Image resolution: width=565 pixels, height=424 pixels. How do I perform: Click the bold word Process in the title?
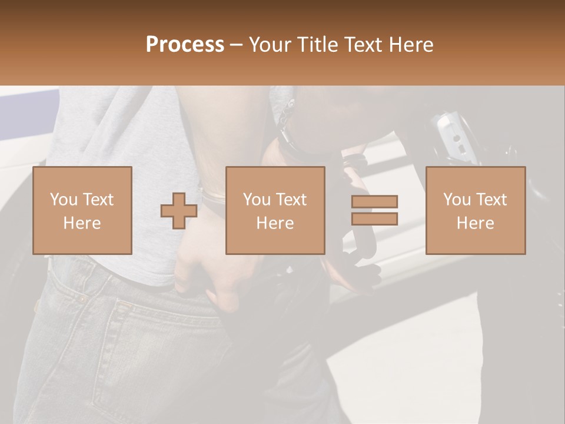pyautogui.click(x=185, y=45)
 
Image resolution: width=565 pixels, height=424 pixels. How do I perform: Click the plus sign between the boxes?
pyautogui.click(x=179, y=210)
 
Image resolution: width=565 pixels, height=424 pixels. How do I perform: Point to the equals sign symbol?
pyautogui.click(x=374, y=210)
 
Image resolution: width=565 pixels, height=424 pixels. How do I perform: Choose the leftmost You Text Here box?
pyautogui.click(x=82, y=210)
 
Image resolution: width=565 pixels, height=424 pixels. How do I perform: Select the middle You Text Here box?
pyautogui.click(x=275, y=210)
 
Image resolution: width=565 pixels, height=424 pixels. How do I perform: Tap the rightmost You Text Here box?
pyautogui.click(x=476, y=210)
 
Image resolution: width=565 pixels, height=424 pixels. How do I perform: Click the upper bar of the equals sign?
pyautogui.click(x=374, y=202)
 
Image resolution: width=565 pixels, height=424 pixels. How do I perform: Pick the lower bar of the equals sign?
pyautogui.click(x=374, y=219)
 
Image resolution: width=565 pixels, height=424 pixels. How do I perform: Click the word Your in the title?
pyautogui.click(x=271, y=45)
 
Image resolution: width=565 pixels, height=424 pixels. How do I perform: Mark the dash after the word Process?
pyautogui.click(x=236, y=45)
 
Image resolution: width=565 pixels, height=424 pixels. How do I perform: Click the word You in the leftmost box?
pyautogui.click(x=64, y=199)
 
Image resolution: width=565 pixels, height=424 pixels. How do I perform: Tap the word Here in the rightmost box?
pyautogui.click(x=476, y=223)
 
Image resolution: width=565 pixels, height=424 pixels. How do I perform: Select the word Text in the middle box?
pyautogui.click(x=291, y=199)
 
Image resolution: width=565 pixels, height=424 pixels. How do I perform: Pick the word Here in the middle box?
pyautogui.click(x=275, y=223)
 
